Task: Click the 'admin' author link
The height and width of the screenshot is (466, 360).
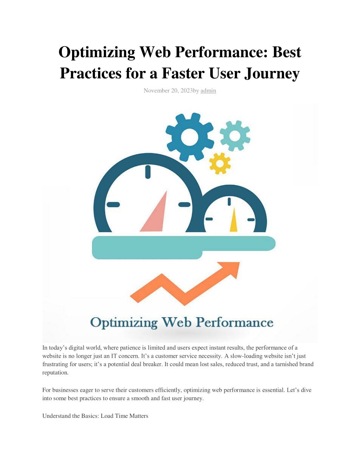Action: pos(208,91)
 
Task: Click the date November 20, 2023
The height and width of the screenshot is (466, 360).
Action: pos(168,91)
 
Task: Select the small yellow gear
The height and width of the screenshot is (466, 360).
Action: pos(220,164)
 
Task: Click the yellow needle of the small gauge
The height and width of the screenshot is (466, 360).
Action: pos(233,220)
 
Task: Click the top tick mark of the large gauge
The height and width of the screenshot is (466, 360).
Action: pos(148,172)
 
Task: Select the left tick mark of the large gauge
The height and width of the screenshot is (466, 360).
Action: pos(113,205)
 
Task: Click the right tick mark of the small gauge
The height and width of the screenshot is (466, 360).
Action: pos(251,219)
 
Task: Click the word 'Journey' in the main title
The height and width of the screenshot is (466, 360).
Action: pos(272,74)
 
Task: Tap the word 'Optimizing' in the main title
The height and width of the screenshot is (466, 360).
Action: pos(97,52)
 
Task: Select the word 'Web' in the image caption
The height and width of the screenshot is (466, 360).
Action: pos(176,322)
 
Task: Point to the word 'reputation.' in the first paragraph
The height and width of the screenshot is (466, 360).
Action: pos(55,372)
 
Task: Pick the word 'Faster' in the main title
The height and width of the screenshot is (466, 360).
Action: pos(183,74)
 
